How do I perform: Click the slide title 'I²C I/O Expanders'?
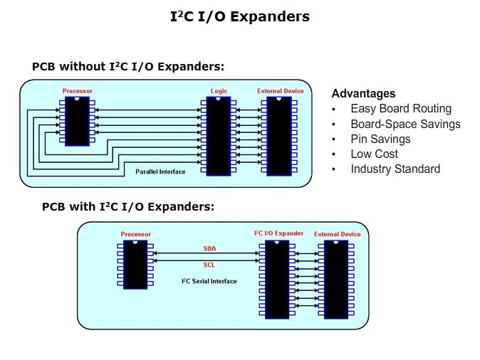[239, 16]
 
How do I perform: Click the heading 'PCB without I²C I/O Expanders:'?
[128, 67]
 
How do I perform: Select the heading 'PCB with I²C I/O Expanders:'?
[128, 207]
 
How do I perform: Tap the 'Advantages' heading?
[363, 94]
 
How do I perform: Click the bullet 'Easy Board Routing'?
[401, 109]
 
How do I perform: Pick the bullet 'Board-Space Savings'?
[405, 124]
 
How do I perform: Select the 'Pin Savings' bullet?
[381, 139]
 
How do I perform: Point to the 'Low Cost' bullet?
[374, 154]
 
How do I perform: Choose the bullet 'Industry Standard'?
[395, 169]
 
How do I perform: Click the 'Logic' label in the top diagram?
[219, 91]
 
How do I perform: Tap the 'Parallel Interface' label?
[160, 171]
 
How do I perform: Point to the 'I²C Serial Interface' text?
[209, 281]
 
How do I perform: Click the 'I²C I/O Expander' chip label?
[278, 233]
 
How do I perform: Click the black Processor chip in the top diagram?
[77, 121]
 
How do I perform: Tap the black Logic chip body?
[218, 136]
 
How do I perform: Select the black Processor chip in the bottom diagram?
[135, 264]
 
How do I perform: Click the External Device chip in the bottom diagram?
[336, 278]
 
